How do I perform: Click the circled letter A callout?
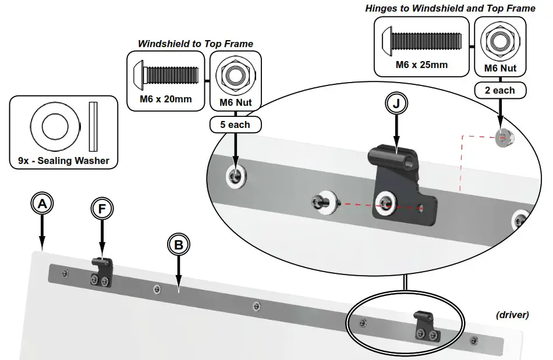pyautogui.click(x=42, y=204)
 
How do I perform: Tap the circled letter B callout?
pyautogui.click(x=179, y=245)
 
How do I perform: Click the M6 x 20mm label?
pyautogui.click(x=165, y=99)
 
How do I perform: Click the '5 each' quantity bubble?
pyautogui.click(x=235, y=124)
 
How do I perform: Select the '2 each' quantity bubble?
pyautogui.click(x=499, y=90)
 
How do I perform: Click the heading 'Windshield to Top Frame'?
pyautogui.click(x=195, y=44)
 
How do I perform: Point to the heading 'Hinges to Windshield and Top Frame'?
pyautogui.click(x=450, y=9)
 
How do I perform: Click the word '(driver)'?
pyautogui.click(x=512, y=315)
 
